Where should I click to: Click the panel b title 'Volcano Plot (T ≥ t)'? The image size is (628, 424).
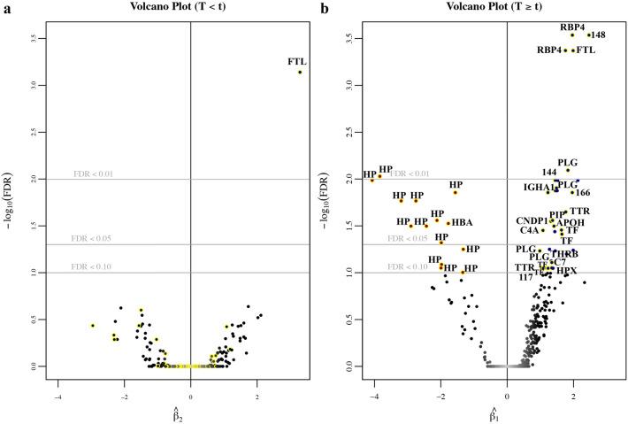point(506,8)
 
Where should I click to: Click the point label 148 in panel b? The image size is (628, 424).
point(598,35)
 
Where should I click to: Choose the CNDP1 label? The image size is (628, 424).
point(531,220)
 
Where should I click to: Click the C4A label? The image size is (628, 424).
point(530,231)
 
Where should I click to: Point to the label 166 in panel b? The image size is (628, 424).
point(583,192)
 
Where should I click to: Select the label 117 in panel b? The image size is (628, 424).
point(525,277)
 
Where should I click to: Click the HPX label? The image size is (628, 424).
point(566,270)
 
